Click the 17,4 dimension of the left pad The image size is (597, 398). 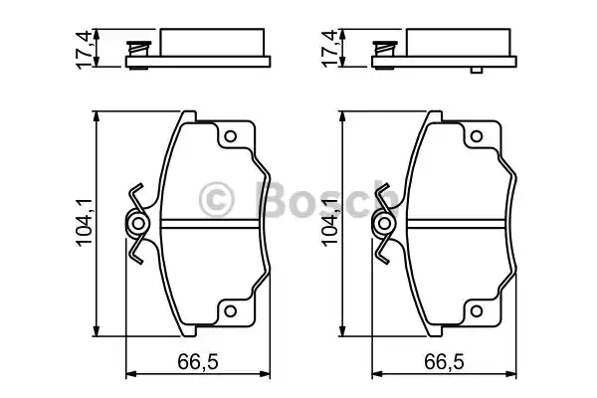click(x=85, y=49)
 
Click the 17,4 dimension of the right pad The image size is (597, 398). click(x=329, y=49)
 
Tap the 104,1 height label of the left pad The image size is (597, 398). click(x=85, y=223)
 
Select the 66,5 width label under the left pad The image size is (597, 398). click(x=198, y=361)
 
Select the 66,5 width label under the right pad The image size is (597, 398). click(x=445, y=361)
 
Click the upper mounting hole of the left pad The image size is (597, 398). click(x=230, y=136)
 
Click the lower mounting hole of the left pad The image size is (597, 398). click(x=230, y=310)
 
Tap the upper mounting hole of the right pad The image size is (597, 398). click(x=477, y=136)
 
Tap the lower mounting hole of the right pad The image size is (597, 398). click(x=477, y=310)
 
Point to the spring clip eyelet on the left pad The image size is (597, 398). click(x=138, y=224)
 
